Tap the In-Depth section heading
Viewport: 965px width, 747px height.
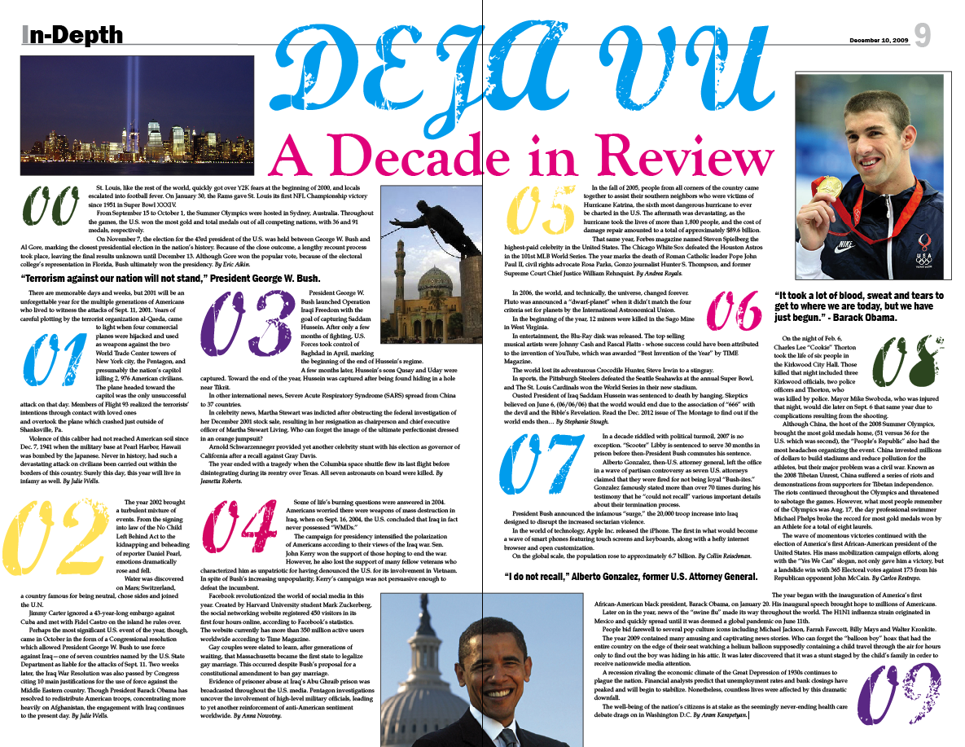(x=72, y=35)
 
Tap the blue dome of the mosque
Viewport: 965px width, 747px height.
(x=440, y=282)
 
